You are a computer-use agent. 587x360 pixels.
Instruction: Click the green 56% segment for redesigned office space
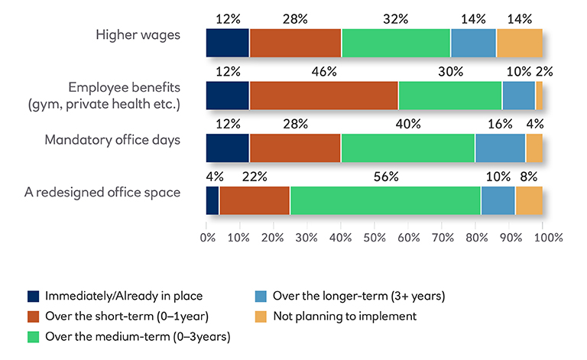385,200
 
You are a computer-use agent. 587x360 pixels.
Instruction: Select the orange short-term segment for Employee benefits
323,95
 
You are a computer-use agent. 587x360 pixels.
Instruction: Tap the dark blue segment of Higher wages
228,43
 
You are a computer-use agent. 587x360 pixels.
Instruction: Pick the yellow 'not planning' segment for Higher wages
519,43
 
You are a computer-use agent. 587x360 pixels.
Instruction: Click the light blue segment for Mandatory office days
500,148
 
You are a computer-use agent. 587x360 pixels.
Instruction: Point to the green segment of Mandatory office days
407,148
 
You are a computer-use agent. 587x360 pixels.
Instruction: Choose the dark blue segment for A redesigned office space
212,200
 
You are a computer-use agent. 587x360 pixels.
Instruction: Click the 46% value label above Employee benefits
323,72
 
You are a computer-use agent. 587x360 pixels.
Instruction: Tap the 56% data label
387,177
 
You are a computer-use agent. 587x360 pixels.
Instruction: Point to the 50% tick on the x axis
375,237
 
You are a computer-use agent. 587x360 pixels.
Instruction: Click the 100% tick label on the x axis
548,237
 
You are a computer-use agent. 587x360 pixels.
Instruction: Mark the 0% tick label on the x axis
207,237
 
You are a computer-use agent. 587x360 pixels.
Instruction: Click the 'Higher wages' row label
138,34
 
